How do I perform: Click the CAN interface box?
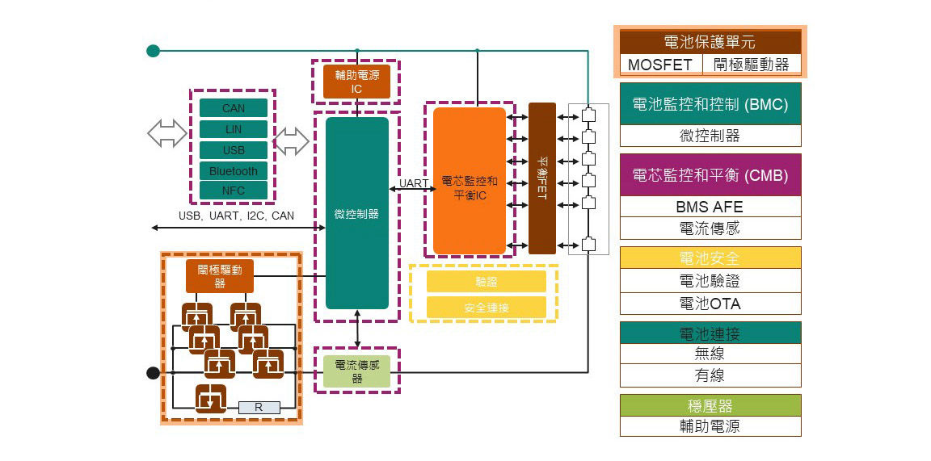234,108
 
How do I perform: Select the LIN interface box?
234,129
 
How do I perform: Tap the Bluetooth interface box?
234,171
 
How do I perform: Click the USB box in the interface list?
234,150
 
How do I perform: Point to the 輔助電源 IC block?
356,81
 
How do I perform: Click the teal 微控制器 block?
356,213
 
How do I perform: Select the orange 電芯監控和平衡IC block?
470,181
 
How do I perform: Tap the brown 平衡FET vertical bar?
542,178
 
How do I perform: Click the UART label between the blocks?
414,183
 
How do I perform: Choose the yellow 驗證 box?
486,282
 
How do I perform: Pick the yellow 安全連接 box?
486,308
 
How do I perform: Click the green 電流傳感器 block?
356,371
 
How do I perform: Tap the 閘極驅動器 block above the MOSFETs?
220,276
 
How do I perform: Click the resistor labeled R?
259,408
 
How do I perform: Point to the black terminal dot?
153,372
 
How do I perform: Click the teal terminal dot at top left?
153,51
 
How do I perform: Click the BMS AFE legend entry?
710,207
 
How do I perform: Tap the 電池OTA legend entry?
710,304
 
